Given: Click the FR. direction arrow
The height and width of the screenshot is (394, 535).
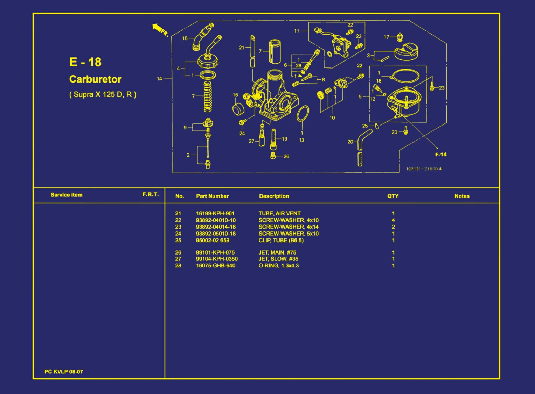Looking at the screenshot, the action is pyautogui.click(x=157, y=28).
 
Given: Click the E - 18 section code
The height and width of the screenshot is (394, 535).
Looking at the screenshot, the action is pyautogui.click(x=85, y=62).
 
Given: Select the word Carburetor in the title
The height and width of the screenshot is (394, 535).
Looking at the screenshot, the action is pyautogui.click(x=95, y=79).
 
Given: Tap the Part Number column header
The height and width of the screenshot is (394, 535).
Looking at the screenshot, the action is pyautogui.click(x=212, y=196).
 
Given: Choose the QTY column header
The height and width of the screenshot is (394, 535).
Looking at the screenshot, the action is pyautogui.click(x=393, y=196).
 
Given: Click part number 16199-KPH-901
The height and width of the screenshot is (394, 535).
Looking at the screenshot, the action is pyautogui.click(x=215, y=213).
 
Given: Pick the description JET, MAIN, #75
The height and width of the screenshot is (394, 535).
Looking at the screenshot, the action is pyautogui.click(x=277, y=252).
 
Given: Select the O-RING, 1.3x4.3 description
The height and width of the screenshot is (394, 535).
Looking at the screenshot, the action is pyautogui.click(x=279, y=266).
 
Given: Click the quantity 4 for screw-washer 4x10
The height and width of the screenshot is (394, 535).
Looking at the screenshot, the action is pyautogui.click(x=393, y=220).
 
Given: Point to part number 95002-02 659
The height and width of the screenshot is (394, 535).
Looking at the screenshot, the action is pyautogui.click(x=213, y=240).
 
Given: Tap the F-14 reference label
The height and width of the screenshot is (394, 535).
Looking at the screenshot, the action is pyautogui.click(x=441, y=155).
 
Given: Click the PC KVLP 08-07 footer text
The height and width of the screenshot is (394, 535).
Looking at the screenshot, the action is pyautogui.click(x=64, y=372).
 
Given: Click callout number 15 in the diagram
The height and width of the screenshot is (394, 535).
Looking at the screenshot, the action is pyautogui.click(x=185, y=38).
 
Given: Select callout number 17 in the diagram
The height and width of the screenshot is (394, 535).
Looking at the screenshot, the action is pyautogui.click(x=387, y=37).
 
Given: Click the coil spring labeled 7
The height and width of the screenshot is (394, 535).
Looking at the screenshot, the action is pyautogui.click(x=208, y=96).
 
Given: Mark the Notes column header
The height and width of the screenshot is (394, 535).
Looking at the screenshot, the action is pyautogui.click(x=462, y=196).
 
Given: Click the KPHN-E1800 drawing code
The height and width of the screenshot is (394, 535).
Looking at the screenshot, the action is pyautogui.click(x=424, y=169).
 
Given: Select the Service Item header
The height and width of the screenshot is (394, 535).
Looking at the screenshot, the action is pyautogui.click(x=67, y=195).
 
